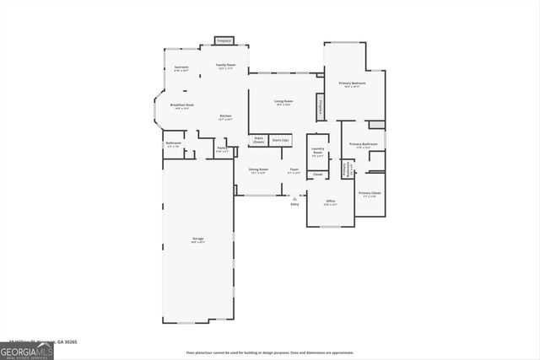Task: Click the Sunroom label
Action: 181,67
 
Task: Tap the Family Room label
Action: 226,66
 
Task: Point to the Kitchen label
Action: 226,116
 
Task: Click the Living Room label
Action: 283,103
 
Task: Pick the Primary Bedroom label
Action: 351,83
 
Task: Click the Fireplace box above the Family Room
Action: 224,40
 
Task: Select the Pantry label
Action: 222,150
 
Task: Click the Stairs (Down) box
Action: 259,140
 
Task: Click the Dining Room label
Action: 258,171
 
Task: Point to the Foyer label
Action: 294,171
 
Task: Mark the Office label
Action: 331,202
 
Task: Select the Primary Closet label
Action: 370,195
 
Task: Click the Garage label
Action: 197,240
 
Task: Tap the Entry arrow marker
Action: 294,199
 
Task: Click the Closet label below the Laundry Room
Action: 317,175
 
